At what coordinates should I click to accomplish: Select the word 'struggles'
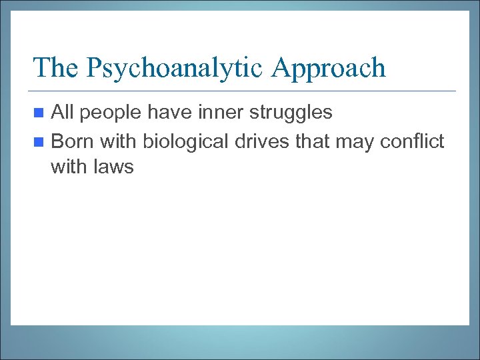pyautogui.click(x=291, y=113)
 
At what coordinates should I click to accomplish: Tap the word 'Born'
pyautogui.click(x=72, y=141)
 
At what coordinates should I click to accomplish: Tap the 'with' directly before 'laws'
pyautogui.click(x=68, y=167)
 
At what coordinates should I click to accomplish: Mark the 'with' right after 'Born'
pyautogui.click(x=116, y=141)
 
